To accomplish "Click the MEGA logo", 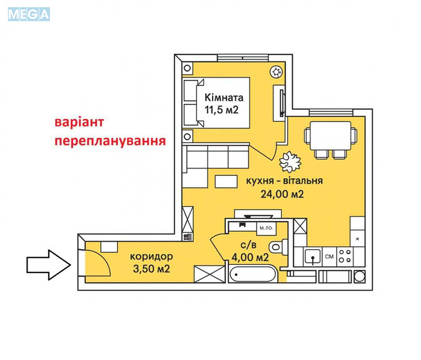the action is tap(29, 14).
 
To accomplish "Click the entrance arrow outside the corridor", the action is tap(49, 265).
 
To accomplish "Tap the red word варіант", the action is tap(79, 122).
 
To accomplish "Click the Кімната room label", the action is tap(224, 97).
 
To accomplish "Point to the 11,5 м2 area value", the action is tap(221, 110).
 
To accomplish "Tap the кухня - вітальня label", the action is tap(285, 181).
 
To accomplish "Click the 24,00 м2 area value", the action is tap(282, 193).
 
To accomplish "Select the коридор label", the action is tap(151, 257).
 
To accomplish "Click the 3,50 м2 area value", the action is tap(151, 269).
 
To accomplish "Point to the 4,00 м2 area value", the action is tap(250, 257).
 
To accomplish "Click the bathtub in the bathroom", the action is tap(252, 274).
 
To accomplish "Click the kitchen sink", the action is tap(313, 257).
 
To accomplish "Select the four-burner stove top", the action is tap(345, 256).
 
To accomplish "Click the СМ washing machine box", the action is tap(330, 257).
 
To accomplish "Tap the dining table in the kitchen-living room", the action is tap(330, 136).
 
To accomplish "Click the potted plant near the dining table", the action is tap(290, 162).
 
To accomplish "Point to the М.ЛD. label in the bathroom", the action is tap(266, 229).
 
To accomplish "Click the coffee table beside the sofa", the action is tap(226, 182).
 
